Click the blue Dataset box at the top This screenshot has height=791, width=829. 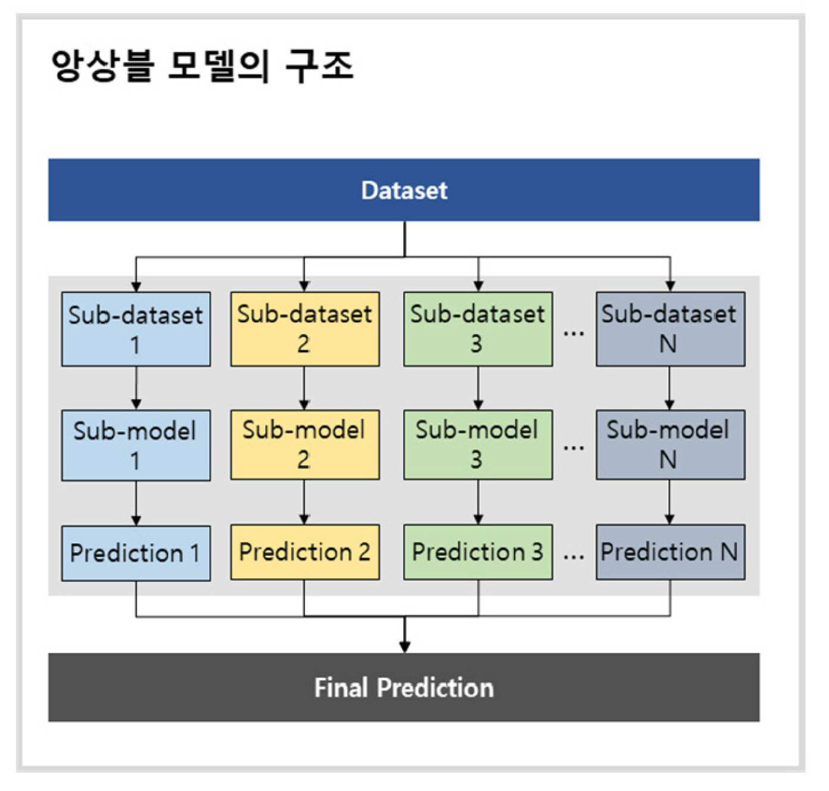404,190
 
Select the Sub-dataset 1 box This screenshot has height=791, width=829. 136,329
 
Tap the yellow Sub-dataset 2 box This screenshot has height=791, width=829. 305,329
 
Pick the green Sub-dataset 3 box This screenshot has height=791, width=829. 478,329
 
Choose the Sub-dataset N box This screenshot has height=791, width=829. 671,329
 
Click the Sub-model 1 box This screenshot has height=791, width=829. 136,446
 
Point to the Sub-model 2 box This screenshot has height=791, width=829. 305,445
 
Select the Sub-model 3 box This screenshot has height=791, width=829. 478,445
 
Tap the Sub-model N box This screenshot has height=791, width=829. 671,445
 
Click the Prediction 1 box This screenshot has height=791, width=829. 136,553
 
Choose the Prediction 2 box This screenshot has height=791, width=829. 305,552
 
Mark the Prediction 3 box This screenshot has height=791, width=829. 478,552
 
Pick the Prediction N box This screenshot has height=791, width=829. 671,552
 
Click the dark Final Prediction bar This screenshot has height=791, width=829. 404,687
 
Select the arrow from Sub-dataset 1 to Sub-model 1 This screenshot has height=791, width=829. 136,388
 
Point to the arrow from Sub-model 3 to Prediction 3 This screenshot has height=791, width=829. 478,503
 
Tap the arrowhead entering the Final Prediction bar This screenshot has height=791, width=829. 405,647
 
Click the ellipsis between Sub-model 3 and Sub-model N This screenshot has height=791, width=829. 574,447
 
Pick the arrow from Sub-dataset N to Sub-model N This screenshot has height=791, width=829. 669,388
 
